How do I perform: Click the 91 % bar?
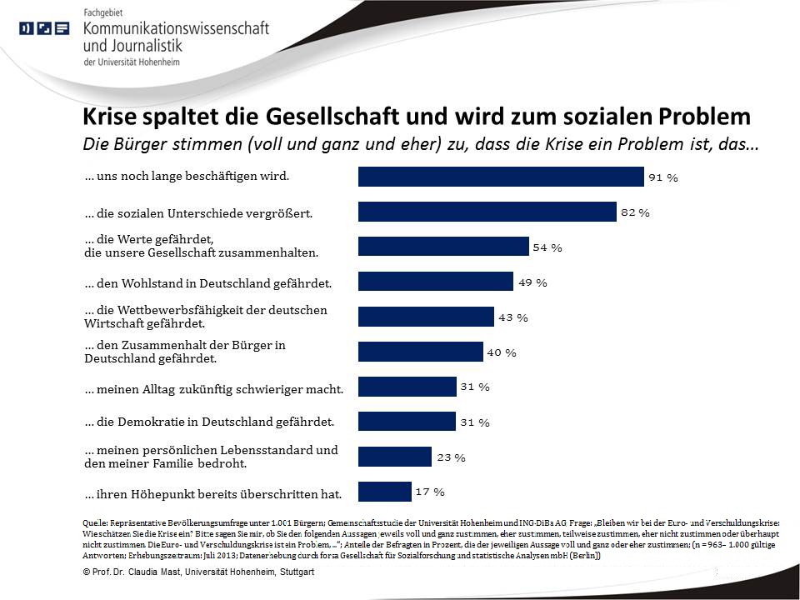[500, 177]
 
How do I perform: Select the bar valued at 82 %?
[487, 212]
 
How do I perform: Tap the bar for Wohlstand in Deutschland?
[435, 282]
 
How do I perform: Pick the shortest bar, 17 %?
[384, 492]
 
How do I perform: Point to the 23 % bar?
[394, 457]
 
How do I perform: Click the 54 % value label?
[547, 247]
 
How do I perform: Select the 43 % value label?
[513, 317]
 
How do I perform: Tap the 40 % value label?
[502, 352]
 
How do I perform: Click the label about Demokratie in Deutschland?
[209, 422]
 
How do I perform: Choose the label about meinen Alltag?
[214, 388]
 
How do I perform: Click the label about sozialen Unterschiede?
[198, 213]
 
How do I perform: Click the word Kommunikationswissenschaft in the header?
[177, 28]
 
